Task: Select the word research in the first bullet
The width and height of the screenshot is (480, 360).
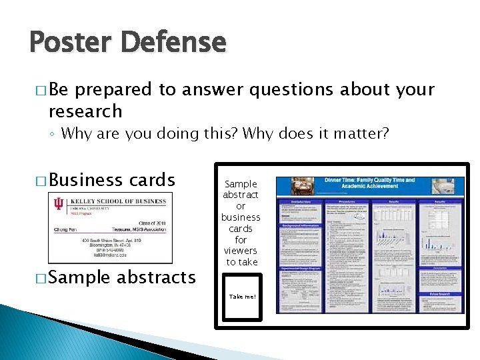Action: pos(85,111)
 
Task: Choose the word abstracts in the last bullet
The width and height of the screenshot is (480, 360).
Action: pos(155,277)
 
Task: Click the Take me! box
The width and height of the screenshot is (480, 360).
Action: pos(242,297)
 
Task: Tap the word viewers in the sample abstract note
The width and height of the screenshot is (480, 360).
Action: pos(241,251)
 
